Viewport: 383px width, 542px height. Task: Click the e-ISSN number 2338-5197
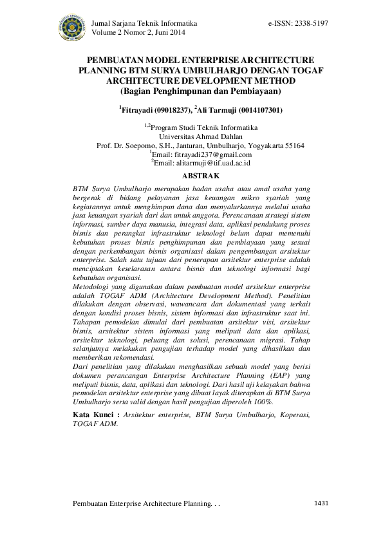[311, 23]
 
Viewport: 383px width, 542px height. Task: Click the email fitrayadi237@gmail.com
[202, 154]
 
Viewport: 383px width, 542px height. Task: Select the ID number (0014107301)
[257, 110]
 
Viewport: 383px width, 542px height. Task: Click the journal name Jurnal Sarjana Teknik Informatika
[145, 23]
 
